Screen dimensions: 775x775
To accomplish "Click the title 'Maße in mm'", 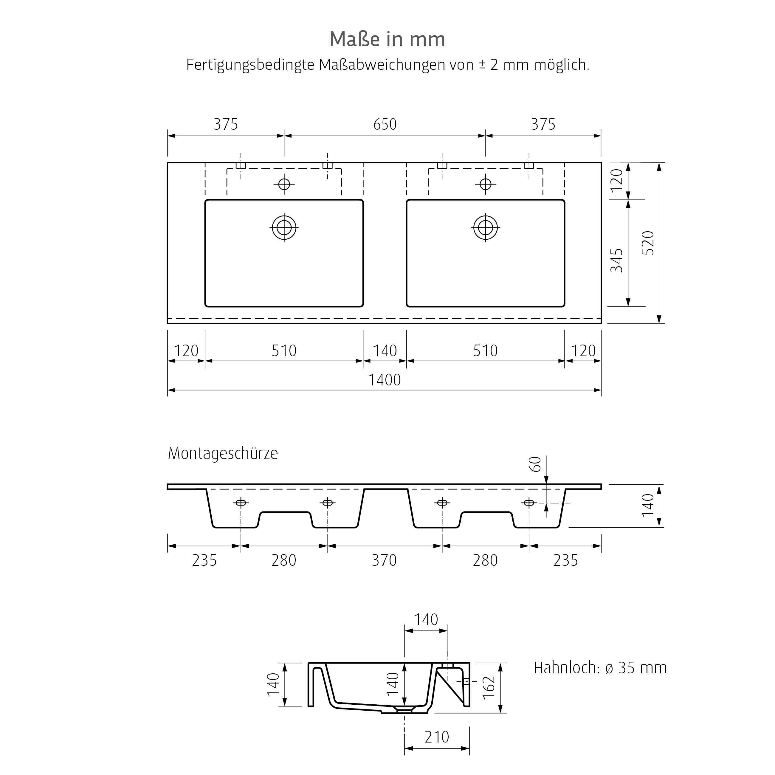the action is click(387, 39).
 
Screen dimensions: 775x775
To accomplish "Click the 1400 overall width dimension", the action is click(384, 380).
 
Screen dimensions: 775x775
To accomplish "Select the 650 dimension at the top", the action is click(385, 124).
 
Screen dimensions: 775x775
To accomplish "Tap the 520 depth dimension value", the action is click(647, 243).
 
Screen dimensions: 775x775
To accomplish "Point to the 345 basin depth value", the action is click(616, 260).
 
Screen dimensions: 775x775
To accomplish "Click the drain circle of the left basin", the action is click(284, 227).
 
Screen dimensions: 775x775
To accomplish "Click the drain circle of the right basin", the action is click(485, 227).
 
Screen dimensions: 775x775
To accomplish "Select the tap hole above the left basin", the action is click(284, 184).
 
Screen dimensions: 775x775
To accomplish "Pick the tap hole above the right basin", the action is click(485, 184).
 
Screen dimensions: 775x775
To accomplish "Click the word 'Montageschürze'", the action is click(223, 454).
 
